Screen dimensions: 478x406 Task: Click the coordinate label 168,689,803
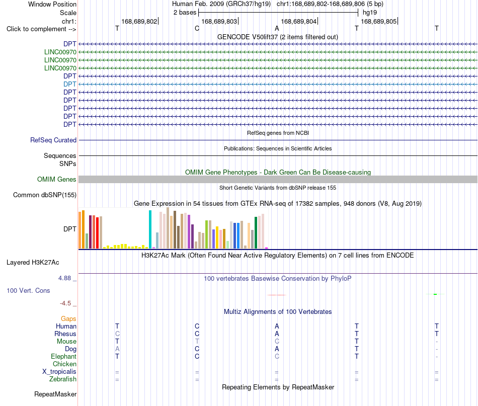[219, 21]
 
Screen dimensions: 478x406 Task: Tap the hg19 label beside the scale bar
[370, 13]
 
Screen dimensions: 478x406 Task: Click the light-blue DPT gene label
[70, 84]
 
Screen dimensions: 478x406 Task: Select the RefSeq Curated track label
[53, 140]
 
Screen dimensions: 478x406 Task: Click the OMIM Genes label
[57, 180]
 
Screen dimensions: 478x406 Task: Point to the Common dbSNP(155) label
[45, 195]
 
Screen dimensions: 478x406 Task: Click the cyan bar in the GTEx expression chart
[150, 229]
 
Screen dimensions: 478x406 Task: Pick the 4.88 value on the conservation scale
[64, 278]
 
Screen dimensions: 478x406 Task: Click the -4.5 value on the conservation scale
[65, 303]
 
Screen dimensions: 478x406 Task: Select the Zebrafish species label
[63, 379]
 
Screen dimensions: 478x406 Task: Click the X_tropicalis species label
[59, 372]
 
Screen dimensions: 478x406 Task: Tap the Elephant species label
[64, 356]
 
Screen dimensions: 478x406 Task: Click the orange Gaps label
[68, 319]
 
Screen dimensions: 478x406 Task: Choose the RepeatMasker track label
[55, 394]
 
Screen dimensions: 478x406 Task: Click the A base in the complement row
[277, 29]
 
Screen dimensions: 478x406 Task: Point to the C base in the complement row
[197, 29]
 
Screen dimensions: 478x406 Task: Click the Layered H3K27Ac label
[33, 263]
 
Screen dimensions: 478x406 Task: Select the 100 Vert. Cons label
[28, 291]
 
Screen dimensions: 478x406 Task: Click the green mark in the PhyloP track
[435, 294]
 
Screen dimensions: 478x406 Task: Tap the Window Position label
[52, 4]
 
